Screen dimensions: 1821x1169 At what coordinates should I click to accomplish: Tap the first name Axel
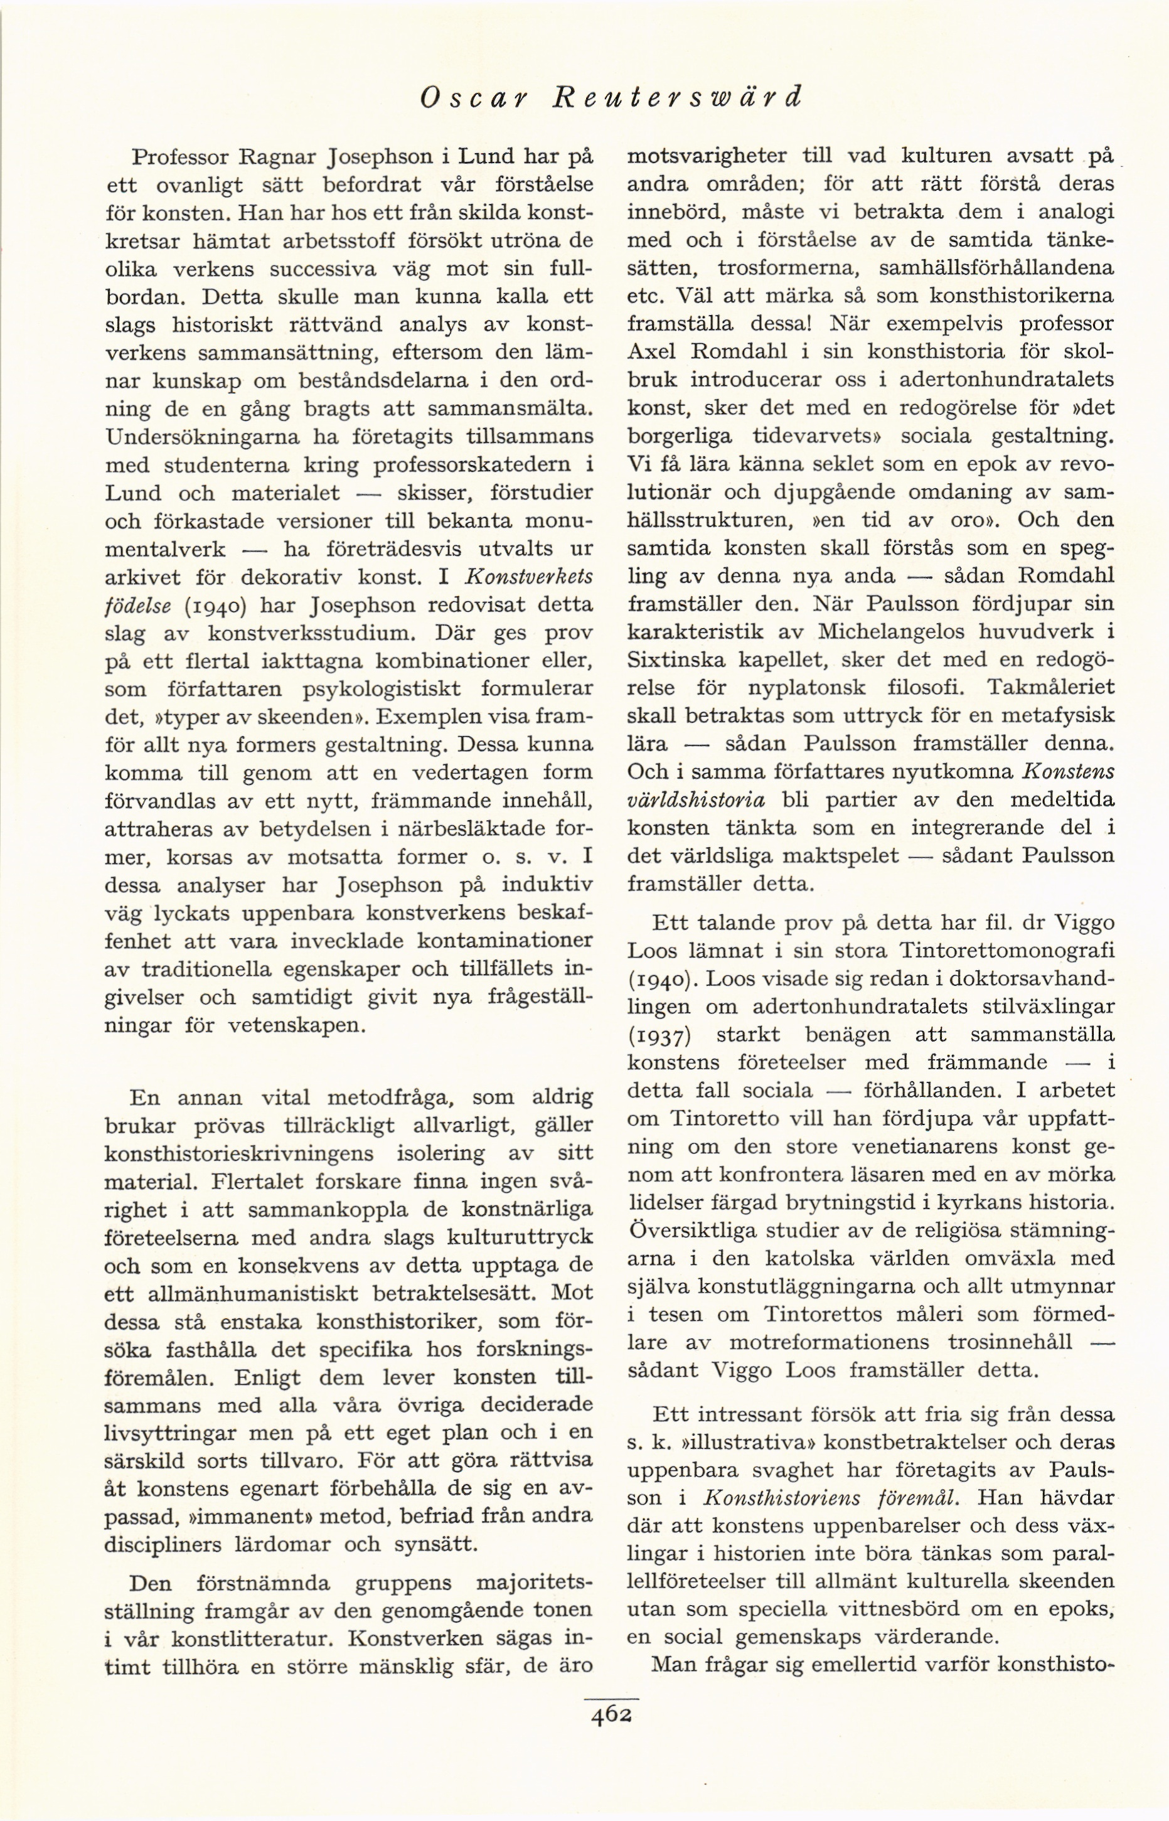654,352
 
